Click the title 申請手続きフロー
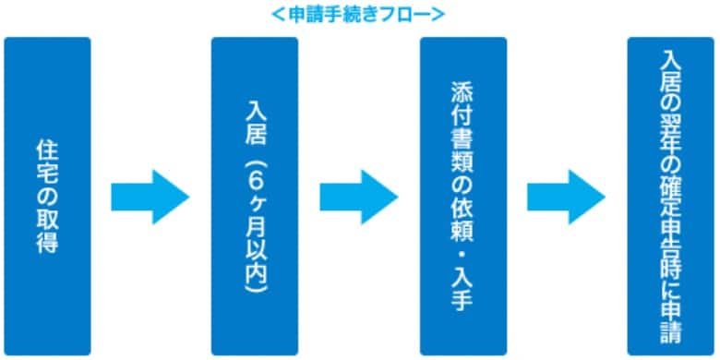[360, 14]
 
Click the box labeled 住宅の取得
[47, 197]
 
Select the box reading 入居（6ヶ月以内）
[255, 197]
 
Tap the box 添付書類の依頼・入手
[462, 197]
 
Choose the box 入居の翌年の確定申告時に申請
[670, 197]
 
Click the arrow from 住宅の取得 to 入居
[150, 197]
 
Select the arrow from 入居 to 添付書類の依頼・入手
[358, 197]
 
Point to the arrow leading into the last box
[566, 197]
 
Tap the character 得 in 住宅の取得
[47, 244]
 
